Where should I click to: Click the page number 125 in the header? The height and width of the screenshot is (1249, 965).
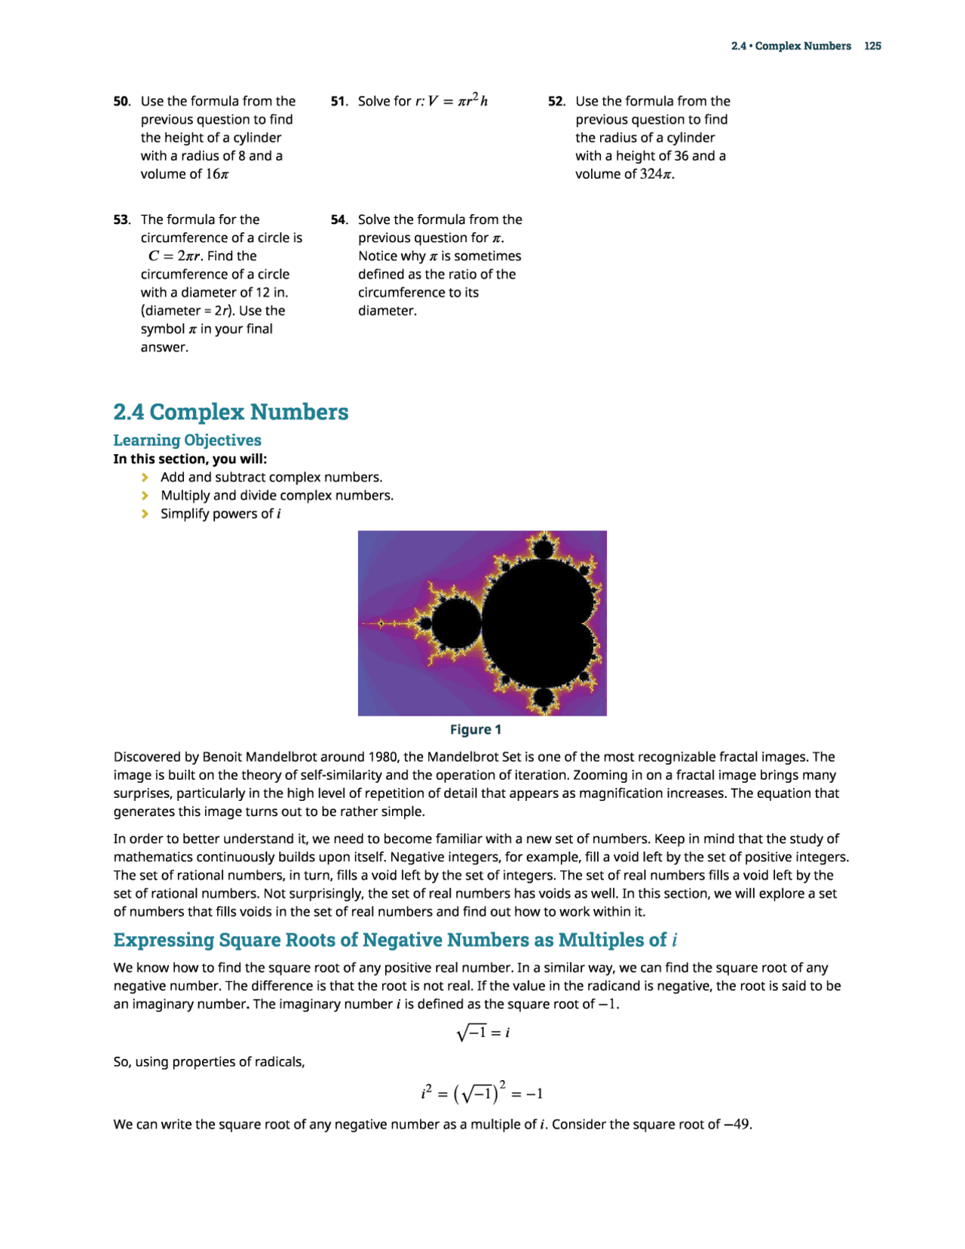coord(872,46)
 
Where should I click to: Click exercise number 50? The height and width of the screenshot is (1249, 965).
coord(121,101)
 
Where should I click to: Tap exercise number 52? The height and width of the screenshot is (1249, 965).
coord(556,101)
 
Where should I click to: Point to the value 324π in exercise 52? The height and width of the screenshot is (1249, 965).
coord(655,174)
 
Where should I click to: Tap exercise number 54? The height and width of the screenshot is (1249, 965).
coord(339,219)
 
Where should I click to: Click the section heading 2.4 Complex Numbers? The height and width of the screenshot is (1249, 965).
coord(231,412)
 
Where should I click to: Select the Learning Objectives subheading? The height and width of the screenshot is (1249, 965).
coord(187,440)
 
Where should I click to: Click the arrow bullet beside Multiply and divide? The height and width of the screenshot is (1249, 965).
coord(145,496)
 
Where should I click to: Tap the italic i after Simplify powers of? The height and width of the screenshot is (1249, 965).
coord(279,514)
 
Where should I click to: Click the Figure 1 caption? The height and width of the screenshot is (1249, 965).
coord(475,729)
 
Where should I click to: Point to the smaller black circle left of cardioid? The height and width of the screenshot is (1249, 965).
coord(456,624)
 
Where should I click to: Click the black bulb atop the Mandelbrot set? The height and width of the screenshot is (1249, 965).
coord(542,548)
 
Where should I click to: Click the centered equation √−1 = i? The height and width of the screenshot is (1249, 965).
coord(482,1032)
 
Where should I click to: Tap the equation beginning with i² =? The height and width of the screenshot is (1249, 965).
coord(482,1093)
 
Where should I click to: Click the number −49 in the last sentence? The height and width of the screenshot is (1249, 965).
coord(737,1125)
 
